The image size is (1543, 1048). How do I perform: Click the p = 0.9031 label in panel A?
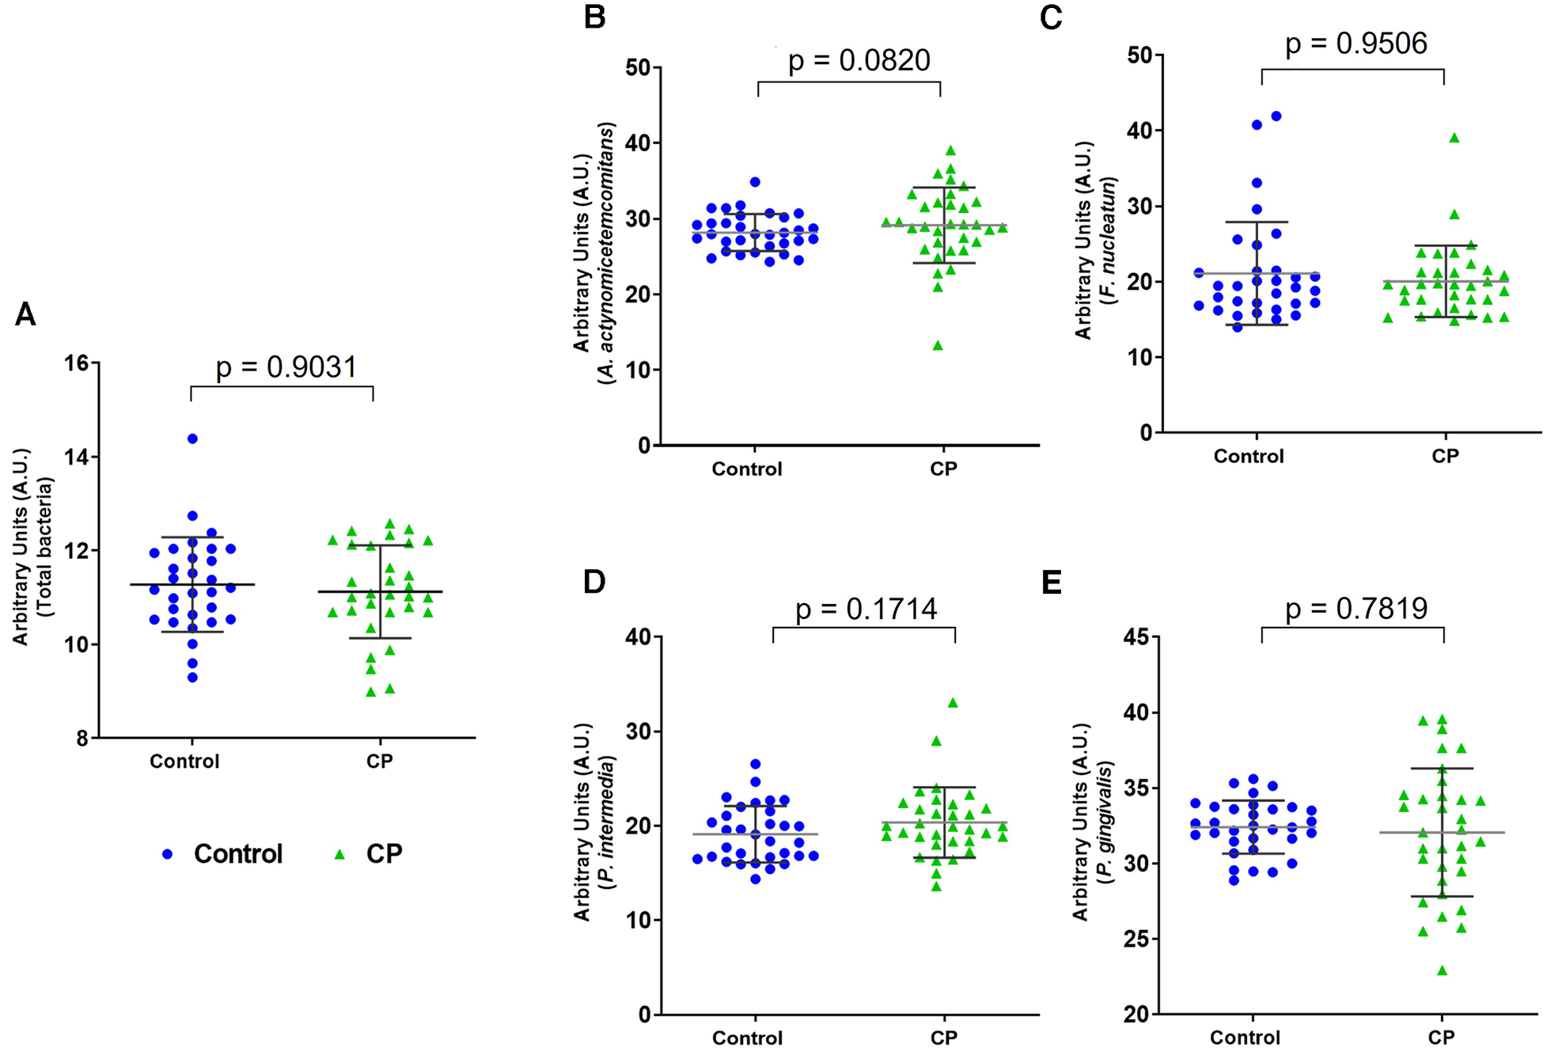(x=286, y=367)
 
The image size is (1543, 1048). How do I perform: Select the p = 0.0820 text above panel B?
(x=859, y=61)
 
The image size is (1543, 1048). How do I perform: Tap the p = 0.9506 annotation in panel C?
(x=1355, y=44)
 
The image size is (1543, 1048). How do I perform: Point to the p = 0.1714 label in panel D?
(x=866, y=609)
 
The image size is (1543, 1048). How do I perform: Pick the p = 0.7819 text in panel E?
(x=1355, y=609)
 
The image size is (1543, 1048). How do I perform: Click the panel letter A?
(x=25, y=315)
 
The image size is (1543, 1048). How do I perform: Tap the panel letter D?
(x=593, y=582)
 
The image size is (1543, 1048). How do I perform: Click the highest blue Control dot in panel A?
(x=192, y=439)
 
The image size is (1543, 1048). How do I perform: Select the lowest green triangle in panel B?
(x=938, y=346)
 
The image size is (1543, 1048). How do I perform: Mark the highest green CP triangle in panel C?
(x=1454, y=139)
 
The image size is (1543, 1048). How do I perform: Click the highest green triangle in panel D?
(x=953, y=703)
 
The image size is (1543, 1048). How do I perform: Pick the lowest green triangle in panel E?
(x=1443, y=971)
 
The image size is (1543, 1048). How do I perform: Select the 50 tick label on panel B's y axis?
(x=638, y=68)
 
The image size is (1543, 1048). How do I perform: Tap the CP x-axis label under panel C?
(x=1445, y=456)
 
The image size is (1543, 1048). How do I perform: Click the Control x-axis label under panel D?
(x=747, y=1038)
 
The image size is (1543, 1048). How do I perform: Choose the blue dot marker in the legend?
(x=167, y=854)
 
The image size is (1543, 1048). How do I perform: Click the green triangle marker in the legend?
(x=340, y=854)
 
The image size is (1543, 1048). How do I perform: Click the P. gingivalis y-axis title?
(x=1095, y=823)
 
